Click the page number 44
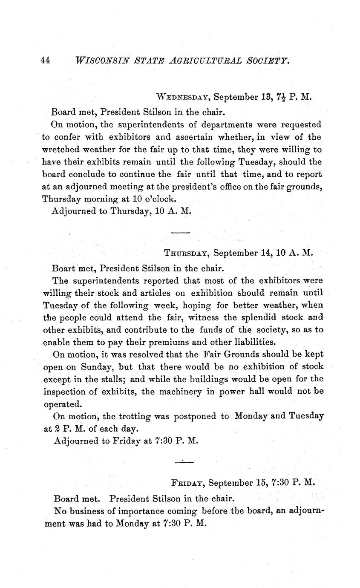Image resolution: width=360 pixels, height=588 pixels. [x=46, y=61]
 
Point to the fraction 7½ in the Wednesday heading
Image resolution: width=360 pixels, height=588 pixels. [x=277, y=97]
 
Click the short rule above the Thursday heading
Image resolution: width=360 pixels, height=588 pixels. [x=180, y=232]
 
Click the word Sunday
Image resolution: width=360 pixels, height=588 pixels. [x=98, y=366]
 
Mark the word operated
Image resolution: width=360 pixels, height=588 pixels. [x=62, y=403]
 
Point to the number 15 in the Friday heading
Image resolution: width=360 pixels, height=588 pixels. [x=261, y=483]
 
